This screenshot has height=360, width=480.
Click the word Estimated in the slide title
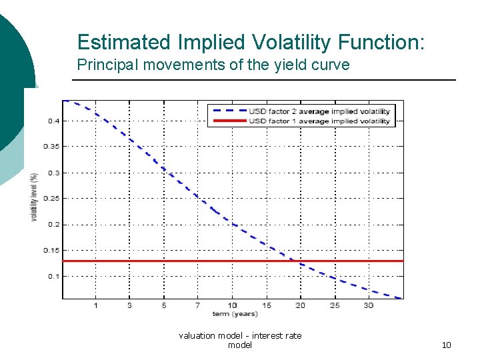click(x=124, y=42)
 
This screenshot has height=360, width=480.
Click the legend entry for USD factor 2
click(x=319, y=111)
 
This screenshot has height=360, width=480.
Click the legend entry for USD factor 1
click(x=319, y=121)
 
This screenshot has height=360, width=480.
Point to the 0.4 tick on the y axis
click(x=52, y=121)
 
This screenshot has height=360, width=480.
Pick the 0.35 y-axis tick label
click(x=51, y=146)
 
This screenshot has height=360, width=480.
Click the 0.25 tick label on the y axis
click(x=51, y=198)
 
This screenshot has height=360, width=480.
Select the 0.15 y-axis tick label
click(x=51, y=250)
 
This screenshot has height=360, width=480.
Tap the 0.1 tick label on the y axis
click(x=52, y=276)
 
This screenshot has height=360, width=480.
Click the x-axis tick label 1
click(x=95, y=305)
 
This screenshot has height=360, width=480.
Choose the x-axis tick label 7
click(x=198, y=305)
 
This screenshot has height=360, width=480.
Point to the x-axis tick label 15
click(x=266, y=305)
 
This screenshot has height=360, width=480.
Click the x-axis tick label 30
click(x=369, y=305)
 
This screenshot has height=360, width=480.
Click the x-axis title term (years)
click(x=235, y=313)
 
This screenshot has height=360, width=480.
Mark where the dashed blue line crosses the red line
click(x=293, y=261)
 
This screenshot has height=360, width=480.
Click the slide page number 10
click(x=446, y=345)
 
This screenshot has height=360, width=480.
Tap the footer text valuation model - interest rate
click(x=240, y=335)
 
